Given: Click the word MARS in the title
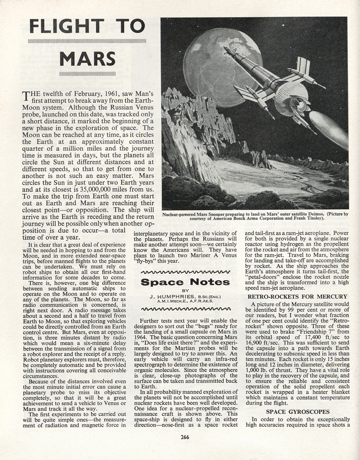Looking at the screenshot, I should [x=87, y=58].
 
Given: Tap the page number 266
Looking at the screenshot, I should [x=185, y=437].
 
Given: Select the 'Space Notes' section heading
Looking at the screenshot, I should [x=185, y=282].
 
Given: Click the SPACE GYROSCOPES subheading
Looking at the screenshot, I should [x=297, y=411].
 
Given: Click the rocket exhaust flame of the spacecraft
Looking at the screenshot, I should [x=328, y=129].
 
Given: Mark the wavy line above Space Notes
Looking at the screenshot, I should [x=185, y=272].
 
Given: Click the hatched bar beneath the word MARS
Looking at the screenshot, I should [x=87, y=73].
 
